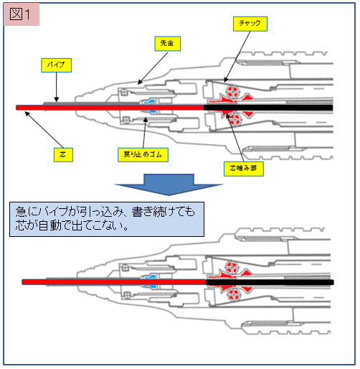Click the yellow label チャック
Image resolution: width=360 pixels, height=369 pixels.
tap(250, 24)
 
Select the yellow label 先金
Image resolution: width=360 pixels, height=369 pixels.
tap(167, 44)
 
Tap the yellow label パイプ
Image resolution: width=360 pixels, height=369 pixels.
tap(56, 65)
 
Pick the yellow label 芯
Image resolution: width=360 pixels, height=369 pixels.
tap(63, 155)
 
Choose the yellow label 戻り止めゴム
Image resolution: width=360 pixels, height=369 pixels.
tap(143, 155)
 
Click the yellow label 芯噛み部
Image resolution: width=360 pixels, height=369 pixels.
tap(244, 169)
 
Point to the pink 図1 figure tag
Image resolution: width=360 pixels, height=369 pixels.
tap(22, 14)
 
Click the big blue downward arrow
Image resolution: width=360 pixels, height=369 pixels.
tap(169, 184)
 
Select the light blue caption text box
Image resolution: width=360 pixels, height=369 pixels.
tap(107, 219)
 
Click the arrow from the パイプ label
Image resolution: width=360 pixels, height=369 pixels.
tap(57, 87)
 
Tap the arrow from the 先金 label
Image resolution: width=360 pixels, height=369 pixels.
tap(153, 68)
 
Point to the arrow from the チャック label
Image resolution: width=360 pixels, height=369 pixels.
tap(237, 57)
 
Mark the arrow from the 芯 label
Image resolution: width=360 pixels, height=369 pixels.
tap(44, 130)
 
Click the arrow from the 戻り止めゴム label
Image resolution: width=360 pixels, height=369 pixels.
tap(145, 133)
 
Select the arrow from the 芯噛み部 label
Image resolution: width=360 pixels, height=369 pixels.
tap(235, 138)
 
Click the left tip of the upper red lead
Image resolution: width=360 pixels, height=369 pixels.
tap(16, 108)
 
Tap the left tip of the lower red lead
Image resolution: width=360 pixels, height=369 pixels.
tap(22, 282)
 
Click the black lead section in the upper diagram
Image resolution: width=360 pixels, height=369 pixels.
tap(268, 108)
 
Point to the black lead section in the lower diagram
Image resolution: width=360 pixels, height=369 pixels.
tap(270, 282)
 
